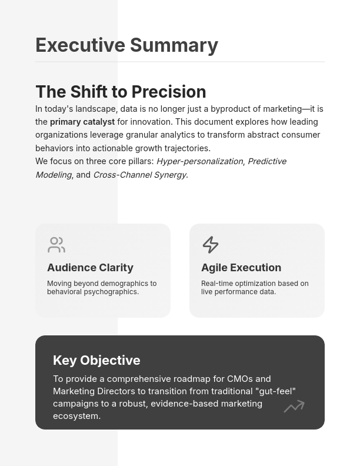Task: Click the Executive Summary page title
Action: (x=126, y=45)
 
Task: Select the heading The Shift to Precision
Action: (x=121, y=92)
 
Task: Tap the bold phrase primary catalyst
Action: (x=82, y=122)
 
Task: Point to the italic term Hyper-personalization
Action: (x=199, y=161)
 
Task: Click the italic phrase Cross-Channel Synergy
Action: (x=139, y=175)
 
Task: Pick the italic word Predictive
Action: (x=266, y=161)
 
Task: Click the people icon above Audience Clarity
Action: (x=56, y=244)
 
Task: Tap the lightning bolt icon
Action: (x=210, y=244)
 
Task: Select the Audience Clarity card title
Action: (x=90, y=268)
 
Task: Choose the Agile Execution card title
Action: (x=241, y=268)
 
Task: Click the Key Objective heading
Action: (x=96, y=360)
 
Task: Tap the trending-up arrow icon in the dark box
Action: (x=294, y=406)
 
